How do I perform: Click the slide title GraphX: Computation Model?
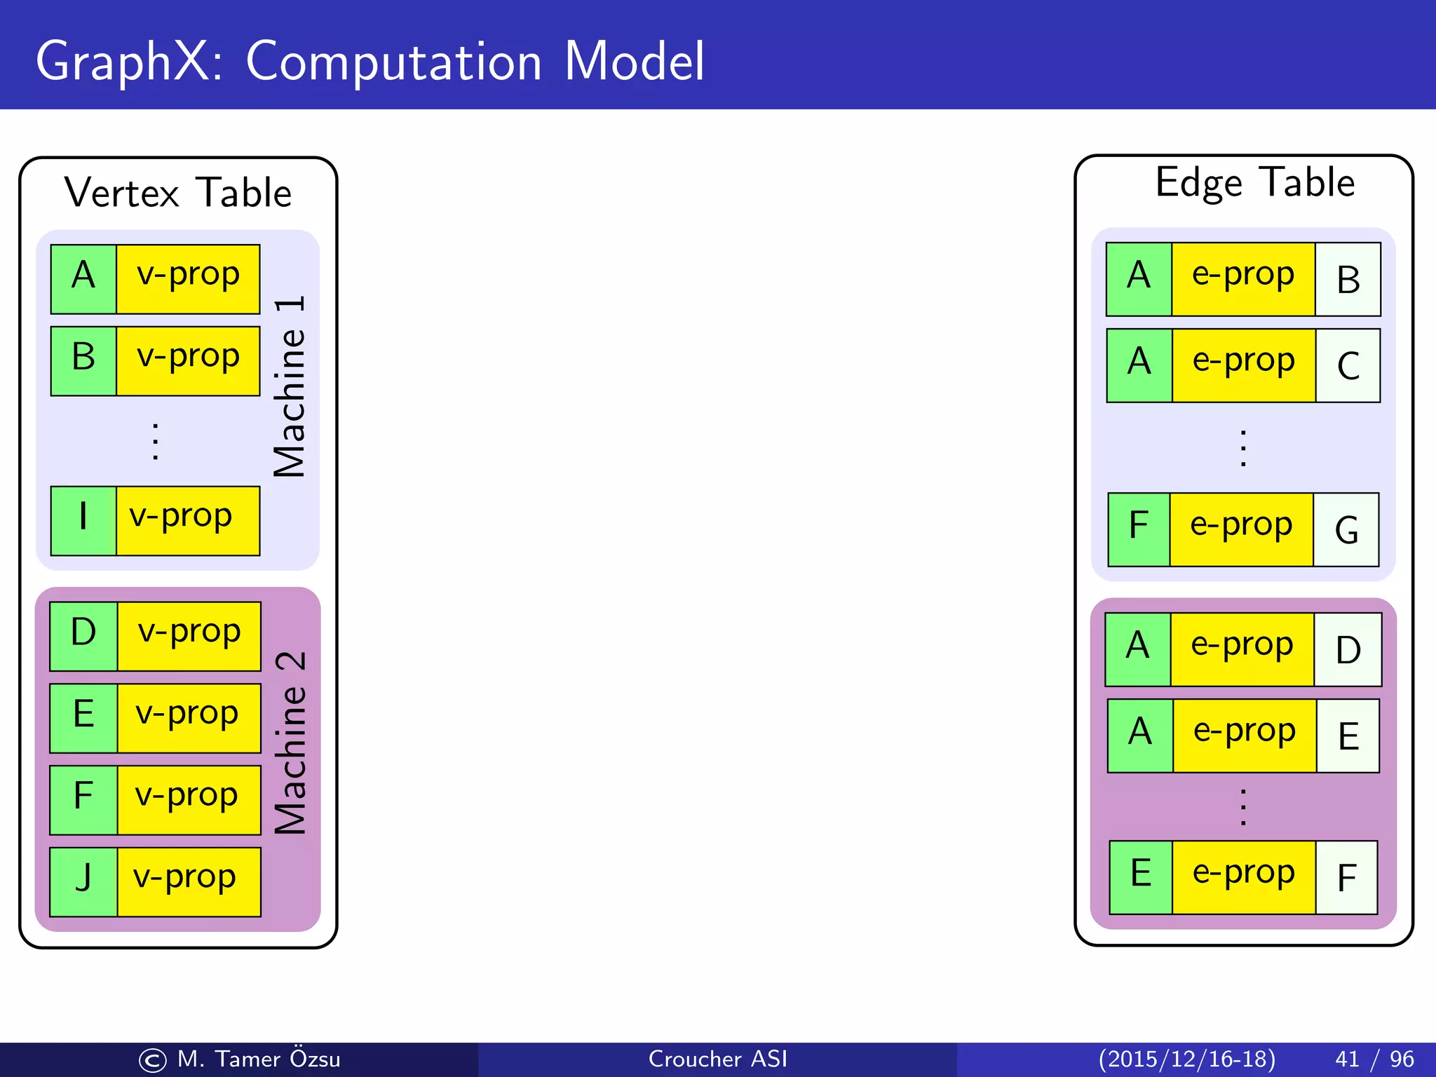tap(370, 62)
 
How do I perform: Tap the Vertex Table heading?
tap(178, 193)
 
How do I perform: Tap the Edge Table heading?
tap(1254, 183)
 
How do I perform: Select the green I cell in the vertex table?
tap(83, 520)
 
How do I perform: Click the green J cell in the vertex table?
tap(83, 881)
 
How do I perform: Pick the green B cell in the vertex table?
tap(83, 360)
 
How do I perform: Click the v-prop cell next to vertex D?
tap(189, 636)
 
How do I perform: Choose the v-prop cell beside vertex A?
tap(188, 278)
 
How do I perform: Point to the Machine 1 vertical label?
tap(290, 387)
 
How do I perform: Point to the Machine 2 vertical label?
tap(290, 743)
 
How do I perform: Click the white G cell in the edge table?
tap(1346, 529)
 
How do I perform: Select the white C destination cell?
tap(1348, 365)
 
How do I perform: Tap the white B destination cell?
tap(1348, 279)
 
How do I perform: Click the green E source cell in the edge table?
tap(1141, 876)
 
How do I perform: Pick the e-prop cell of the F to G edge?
tap(1241, 529)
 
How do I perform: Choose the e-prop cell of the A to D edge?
tap(1242, 649)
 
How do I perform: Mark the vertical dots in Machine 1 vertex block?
tap(155, 442)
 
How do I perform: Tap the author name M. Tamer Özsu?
tap(258, 1059)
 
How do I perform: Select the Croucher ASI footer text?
tap(717, 1059)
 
